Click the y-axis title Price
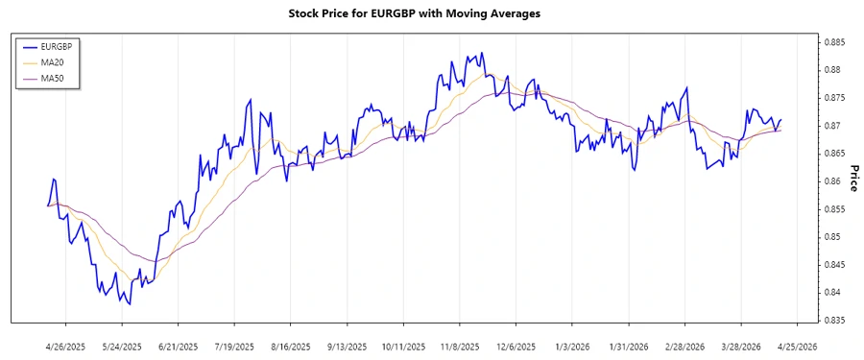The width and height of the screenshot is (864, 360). point(853,178)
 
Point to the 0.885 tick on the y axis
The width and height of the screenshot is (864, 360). point(832,42)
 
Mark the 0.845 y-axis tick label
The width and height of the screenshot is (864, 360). point(832,265)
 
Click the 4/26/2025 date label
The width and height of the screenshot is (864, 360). point(66,346)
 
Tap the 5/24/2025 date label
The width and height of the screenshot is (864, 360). point(122,346)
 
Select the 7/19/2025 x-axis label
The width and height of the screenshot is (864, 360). point(233,346)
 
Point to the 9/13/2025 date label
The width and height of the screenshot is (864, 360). point(345,346)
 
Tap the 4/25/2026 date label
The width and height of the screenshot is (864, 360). point(797,346)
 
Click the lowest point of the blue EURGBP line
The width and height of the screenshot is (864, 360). point(131,303)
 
